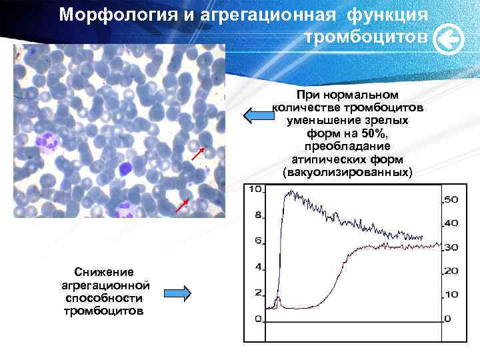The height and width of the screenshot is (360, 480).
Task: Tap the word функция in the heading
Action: [385, 15]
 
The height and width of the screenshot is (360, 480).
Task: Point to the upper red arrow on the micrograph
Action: [197, 154]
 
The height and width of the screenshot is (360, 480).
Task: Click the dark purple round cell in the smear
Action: [124, 169]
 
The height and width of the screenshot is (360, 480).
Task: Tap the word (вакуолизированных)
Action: [347, 173]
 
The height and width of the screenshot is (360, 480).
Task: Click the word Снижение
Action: [104, 272]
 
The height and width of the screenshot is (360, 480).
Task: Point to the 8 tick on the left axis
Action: [257, 215]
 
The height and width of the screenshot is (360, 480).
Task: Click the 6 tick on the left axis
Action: [257, 241]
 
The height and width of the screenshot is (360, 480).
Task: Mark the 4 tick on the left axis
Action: [257, 267]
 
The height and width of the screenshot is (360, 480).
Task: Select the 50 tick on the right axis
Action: [451, 199]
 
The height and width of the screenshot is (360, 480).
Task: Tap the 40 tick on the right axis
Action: [451, 223]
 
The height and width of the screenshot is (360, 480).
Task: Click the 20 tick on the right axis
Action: [451, 271]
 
